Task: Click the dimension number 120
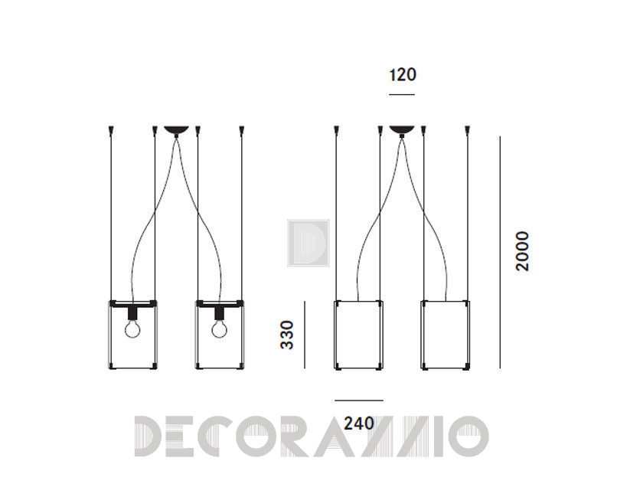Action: pyautogui.click(x=403, y=75)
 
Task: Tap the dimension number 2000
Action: pyautogui.click(x=523, y=251)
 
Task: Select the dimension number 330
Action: pyautogui.click(x=287, y=335)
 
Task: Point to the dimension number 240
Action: pyautogui.click(x=359, y=423)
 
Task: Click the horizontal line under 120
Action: pyautogui.click(x=402, y=94)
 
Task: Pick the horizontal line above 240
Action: pyautogui.click(x=359, y=400)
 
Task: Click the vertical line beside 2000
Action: pyautogui.click(x=500, y=253)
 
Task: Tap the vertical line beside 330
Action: pyautogui.click(x=305, y=335)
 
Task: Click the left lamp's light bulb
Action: pyautogui.click(x=132, y=329)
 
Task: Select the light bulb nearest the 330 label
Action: pyautogui.click(x=219, y=329)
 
